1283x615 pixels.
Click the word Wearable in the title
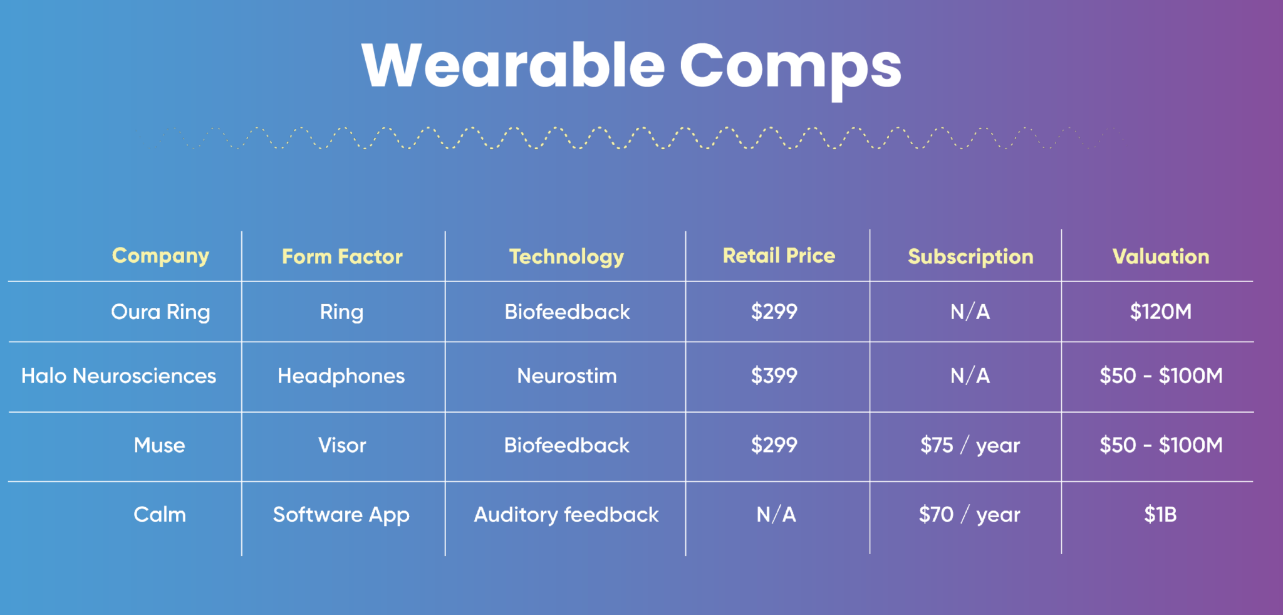click(513, 65)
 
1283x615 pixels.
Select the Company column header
click(160, 256)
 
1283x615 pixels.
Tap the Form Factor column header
click(342, 256)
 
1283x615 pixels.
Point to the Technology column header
click(566, 257)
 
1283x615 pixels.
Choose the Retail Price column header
click(779, 255)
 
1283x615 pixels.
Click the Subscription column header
click(970, 257)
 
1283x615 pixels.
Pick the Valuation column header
click(1161, 256)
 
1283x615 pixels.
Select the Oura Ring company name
click(160, 312)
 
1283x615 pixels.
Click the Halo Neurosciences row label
click(118, 376)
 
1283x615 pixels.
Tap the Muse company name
click(159, 445)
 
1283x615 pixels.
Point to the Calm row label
click(160, 515)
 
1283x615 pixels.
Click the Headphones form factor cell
click(341, 376)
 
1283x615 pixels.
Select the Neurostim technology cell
click(567, 376)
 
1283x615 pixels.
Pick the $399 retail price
click(774, 376)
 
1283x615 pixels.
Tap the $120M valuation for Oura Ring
click(1161, 312)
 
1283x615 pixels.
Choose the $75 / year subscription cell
click(970, 445)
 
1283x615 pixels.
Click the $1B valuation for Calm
click(1161, 515)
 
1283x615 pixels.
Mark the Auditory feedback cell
click(566, 515)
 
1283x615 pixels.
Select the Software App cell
click(341, 515)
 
